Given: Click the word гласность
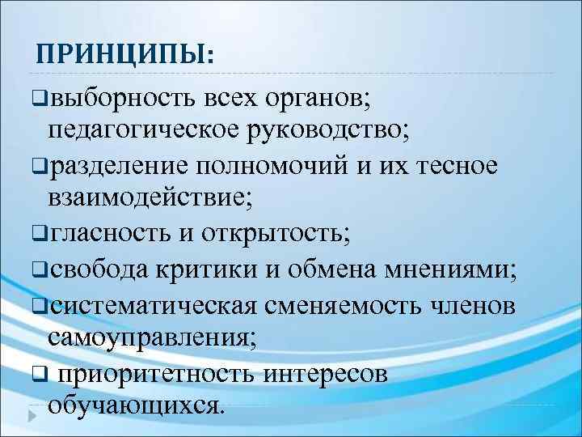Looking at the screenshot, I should (x=110, y=233).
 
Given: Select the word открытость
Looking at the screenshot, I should (x=278, y=233).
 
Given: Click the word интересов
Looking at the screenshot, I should (x=337, y=373).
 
